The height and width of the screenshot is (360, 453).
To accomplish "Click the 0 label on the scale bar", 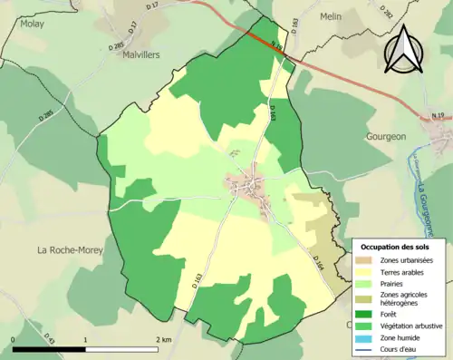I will point(14,339).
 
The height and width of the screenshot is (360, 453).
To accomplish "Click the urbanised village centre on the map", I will point(246,186).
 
